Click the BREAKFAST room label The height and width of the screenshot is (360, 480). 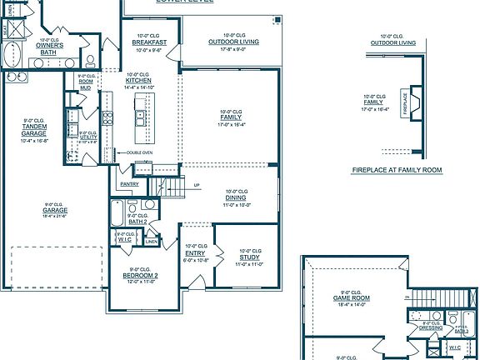[150, 42]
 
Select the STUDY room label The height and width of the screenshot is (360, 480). [250, 257]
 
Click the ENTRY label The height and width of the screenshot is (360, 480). [195, 252]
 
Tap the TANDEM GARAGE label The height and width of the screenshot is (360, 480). [34, 130]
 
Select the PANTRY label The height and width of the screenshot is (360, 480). [129, 183]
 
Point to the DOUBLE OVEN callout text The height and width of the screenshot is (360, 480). [140, 152]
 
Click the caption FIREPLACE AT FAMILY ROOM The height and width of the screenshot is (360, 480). [397, 170]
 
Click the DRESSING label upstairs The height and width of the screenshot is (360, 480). [430, 327]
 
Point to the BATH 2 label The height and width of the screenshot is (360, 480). [138, 222]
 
